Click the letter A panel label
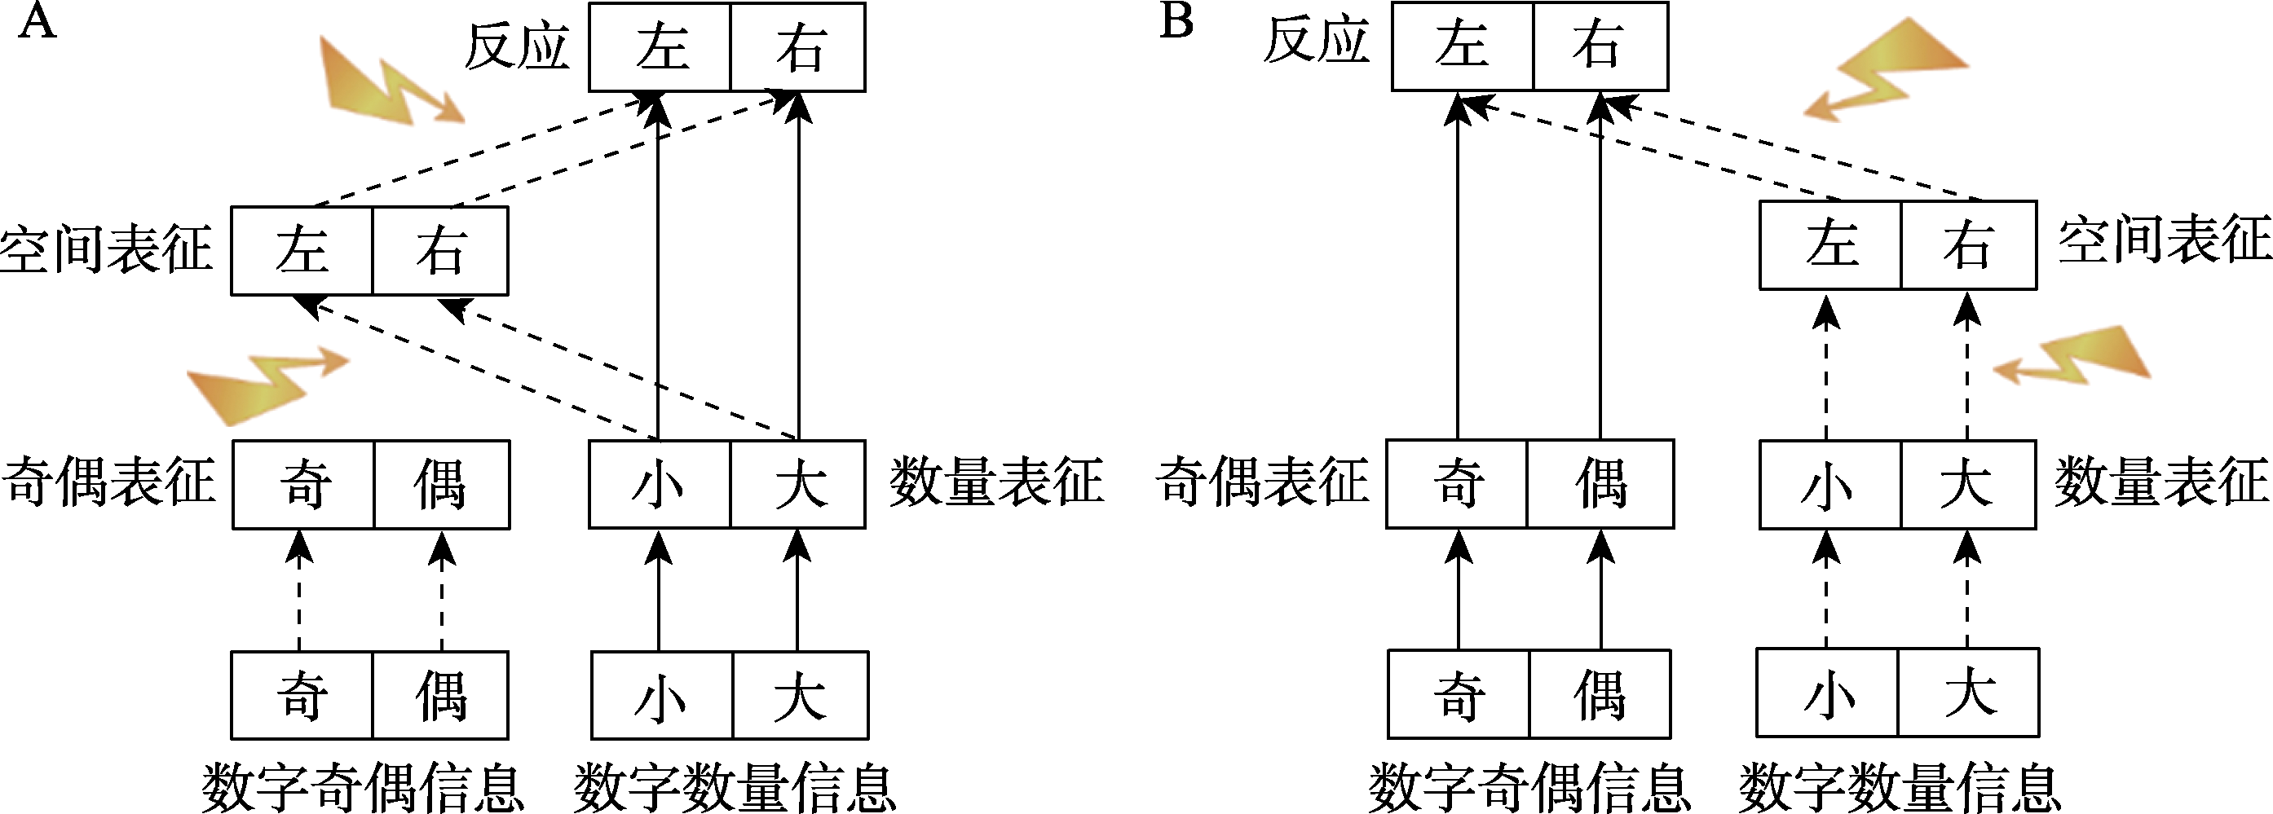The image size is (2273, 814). point(37,23)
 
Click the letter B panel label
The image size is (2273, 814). point(1176,21)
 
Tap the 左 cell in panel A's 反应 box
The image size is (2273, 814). point(660,47)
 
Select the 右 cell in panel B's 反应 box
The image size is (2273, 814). point(1600,46)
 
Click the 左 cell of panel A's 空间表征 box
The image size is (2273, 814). point(302,250)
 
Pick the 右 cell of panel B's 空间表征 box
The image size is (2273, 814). point(1968,245)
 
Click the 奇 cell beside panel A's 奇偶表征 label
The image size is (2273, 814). point(303,484)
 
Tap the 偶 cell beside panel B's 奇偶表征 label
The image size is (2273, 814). point(1600,484)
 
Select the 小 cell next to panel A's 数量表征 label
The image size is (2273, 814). point(659,484)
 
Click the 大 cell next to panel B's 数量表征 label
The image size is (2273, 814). point(1968,484)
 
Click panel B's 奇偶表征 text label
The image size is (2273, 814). point(1263,482)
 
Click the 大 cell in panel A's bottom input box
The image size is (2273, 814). point(800,696)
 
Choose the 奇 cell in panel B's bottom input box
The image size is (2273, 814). point(1459,695)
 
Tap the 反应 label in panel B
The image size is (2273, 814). point(1316,42)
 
